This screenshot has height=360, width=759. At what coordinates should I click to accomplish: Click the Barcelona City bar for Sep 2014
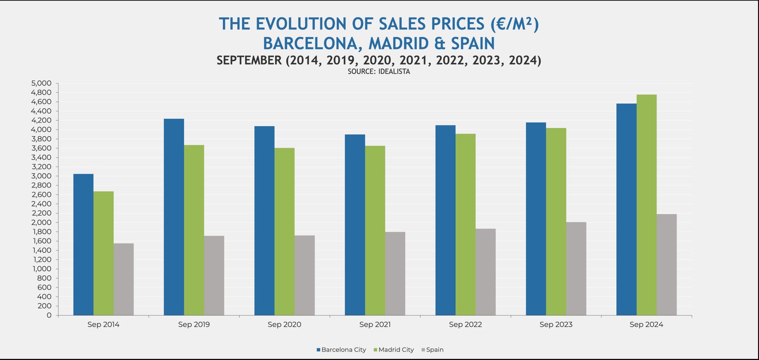[x=83, y=244]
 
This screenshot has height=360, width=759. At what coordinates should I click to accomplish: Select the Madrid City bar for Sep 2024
[x=647, y=205]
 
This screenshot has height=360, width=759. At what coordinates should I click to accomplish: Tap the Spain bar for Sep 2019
[x=214, y=276]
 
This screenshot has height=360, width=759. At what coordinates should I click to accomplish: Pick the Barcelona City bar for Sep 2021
[x=355, y=225]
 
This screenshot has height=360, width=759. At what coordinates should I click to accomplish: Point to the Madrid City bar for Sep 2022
[x=465, y=224]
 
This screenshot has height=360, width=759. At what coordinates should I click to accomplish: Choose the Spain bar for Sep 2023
[x=576, y=268]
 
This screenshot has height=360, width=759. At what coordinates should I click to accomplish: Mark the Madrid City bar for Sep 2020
[x=284, y=231]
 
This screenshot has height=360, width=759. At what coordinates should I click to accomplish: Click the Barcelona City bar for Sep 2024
[x=626, y=209]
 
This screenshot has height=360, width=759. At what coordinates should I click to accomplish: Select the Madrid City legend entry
[x=396, y=350]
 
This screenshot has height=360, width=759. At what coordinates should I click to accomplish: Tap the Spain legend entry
[x=435, y=350]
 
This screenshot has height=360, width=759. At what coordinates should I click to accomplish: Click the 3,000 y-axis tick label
[x=41, y=176]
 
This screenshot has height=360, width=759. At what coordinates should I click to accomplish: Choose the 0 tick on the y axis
[x=49, y=315]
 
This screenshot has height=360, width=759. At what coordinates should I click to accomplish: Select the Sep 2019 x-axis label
[x=194, y=325]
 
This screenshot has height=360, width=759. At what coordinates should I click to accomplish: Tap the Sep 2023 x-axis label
[x=556, y=325]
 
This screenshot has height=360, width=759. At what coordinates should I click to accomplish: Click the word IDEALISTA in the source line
[x=394, y=72]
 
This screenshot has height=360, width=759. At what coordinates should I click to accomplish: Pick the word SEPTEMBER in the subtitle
[x=249, y=60]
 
